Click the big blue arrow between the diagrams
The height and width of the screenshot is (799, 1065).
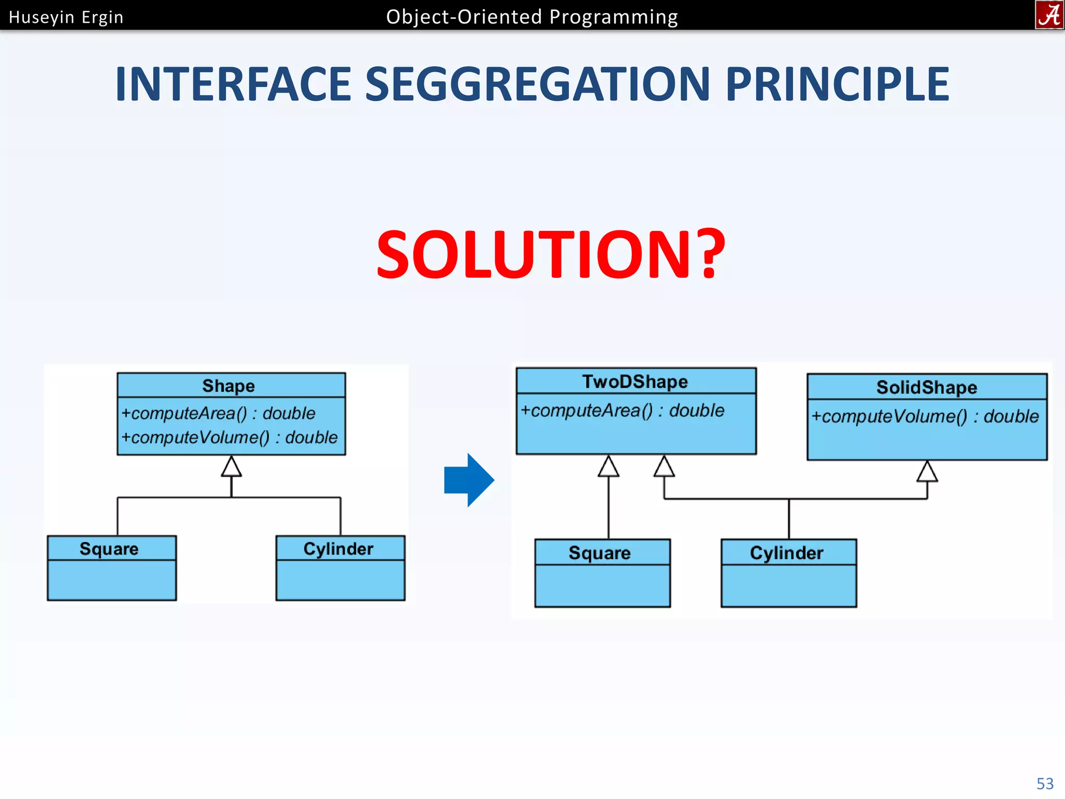click(x=469, y=480)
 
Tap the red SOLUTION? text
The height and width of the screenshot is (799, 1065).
click(x=550, y=254)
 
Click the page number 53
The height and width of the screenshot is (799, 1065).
click(x=1045, y=783)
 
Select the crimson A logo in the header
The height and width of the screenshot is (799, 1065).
click(x=1049, y=15)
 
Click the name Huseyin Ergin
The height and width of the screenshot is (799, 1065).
click(x=66, y=17)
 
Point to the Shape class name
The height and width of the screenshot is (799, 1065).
click(x=228, y=386)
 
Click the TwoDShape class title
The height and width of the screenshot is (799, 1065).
click(x=635, y=382)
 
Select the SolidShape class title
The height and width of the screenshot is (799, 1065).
click(x=927, y=388)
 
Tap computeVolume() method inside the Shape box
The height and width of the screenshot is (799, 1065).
click(x=229, y=437)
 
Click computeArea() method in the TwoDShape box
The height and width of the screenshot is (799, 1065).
click(x=622, y=410)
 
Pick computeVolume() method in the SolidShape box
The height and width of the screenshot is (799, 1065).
click(x=925, y=416)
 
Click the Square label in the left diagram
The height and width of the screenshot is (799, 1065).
click(x=109, y=549)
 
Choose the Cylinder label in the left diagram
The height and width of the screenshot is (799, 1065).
click(x=339, y=549)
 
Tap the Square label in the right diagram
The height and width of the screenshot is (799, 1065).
click(x=600, y=553)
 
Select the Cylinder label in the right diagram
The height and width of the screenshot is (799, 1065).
click(x=787, y=553)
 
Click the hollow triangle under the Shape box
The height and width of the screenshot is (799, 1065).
click(x=231, y=467)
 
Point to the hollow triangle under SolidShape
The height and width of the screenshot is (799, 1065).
click(x=927, y=472)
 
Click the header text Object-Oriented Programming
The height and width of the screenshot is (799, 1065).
click(x=532, y=17)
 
